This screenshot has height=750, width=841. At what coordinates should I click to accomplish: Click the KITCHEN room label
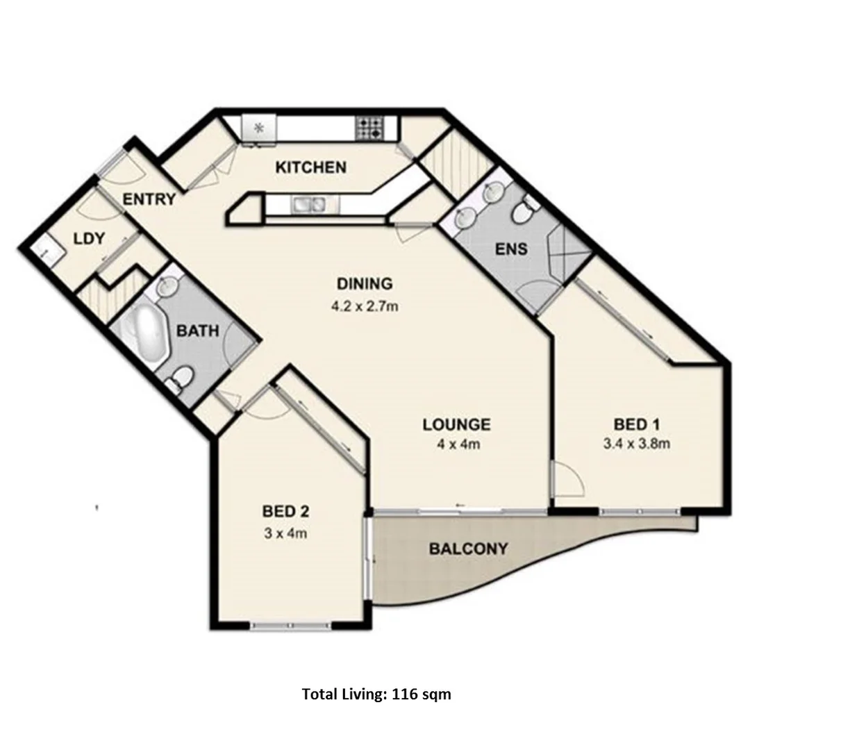pyautogui.click(x=310, y=167)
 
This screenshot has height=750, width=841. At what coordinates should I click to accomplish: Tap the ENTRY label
pyautogui.click(x=149, y=199)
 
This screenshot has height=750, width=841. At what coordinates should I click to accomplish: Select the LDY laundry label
pyautogui.click(x=89, y=239)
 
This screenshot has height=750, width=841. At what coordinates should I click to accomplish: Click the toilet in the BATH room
pyautogui.click(x=181, y=379)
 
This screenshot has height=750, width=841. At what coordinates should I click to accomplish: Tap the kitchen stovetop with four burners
pyautogui.click(x=369, y=127)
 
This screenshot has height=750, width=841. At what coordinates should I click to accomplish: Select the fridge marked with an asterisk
pyautogui.click(x=258, y=128)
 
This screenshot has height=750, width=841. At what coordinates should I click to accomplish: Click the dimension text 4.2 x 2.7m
pyautogui.click(x=364, y=306)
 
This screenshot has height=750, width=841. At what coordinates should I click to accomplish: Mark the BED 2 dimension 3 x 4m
pyautogui.click(x=285, y=533)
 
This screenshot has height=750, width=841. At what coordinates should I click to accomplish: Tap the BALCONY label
pyautogui.click(x=468, y=549)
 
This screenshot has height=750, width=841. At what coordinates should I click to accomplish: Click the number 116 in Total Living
pyautogui.click(x=405, y=694)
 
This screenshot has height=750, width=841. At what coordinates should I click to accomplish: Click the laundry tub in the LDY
pyautogui.click(x=42, y=248)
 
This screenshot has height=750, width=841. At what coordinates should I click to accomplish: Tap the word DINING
pyautogui.click(x=365, y=283)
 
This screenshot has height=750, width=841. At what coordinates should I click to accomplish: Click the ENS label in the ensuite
pyautogui.click(x=511, y=249)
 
